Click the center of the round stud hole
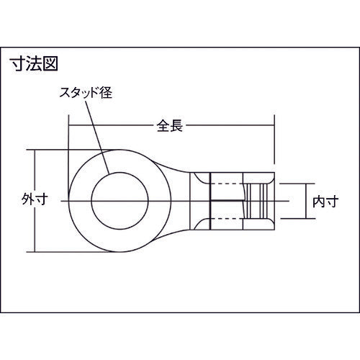point(118,198)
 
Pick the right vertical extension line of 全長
point(274,140)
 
